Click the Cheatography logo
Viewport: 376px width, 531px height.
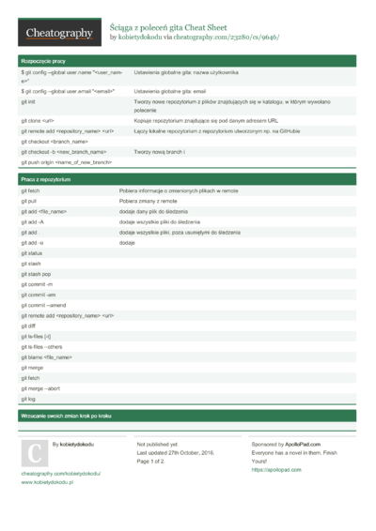(57, 33)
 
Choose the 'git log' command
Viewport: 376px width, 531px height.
(27, 399)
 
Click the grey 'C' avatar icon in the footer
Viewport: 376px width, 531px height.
(34, 453)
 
